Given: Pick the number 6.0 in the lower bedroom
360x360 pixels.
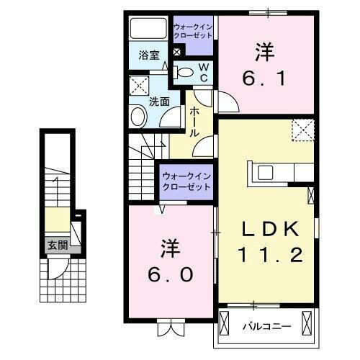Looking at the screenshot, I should click(x=169, y=274).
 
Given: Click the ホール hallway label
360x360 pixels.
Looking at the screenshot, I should click(x=195, y=122).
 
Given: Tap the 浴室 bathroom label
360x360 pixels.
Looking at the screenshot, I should click(x=149, y=54).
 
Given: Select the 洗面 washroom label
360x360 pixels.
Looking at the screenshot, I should click(x=158, y=102).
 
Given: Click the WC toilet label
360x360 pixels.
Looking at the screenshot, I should click(x=204, y=71).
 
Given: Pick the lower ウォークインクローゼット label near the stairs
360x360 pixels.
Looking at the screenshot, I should click(x=186, y=181).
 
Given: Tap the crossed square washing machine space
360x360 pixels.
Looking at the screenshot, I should click(x=139, y=88).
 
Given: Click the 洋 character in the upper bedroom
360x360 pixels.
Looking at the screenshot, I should click(x=262, y=51).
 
